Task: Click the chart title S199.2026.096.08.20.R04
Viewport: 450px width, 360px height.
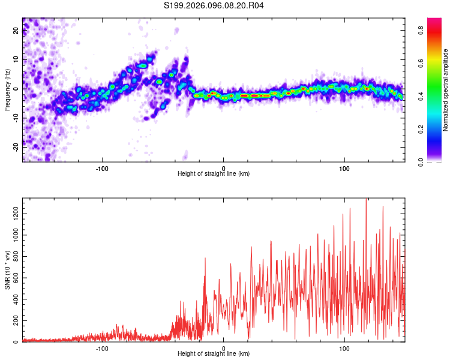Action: tap(214, 5)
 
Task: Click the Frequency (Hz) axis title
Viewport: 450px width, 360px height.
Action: tap(7, 90)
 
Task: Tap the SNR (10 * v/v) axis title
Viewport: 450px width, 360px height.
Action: tap(7, 270)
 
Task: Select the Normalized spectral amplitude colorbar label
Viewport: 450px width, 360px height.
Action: tap(446, 90)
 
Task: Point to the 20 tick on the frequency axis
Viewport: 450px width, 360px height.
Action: tap(16, 31)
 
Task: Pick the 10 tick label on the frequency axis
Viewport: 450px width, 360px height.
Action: tap(16, 59)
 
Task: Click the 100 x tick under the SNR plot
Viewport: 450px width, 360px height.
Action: tap(344, 348)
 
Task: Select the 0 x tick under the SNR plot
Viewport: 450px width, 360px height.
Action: tap(223, 348)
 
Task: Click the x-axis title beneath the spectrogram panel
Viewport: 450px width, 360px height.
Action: tap(214, 174)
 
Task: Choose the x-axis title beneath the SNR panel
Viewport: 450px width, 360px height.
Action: tap(214, 354)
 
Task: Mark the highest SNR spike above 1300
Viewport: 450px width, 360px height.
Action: tap(366, 199)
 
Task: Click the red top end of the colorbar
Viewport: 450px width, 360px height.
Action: tap(434, 21)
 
